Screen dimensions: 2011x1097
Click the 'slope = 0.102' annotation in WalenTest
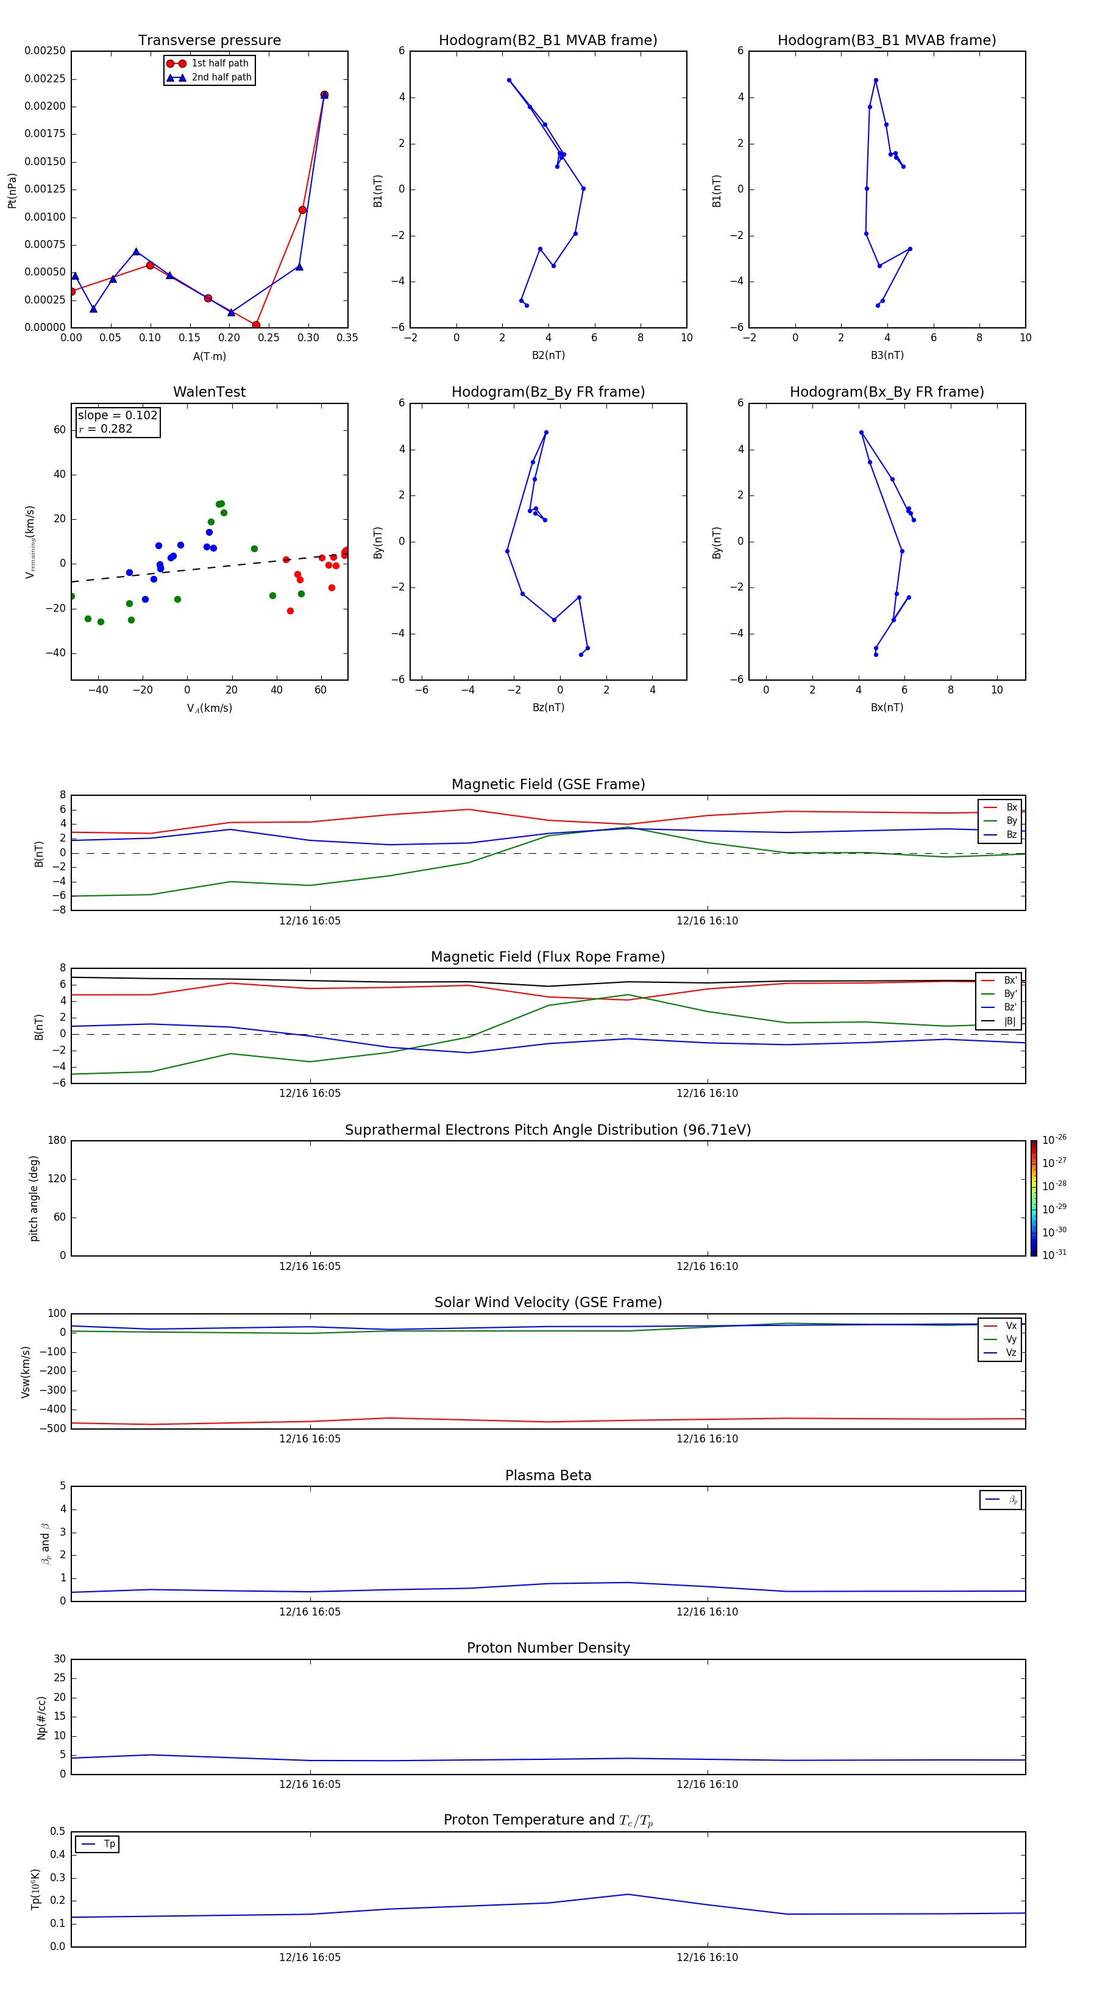[x=117, y=416]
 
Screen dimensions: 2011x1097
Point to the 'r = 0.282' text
[x=105, y=428]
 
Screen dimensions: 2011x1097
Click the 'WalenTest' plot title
[x=209, y=392]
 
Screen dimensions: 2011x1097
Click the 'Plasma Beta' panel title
[x=548, y=1475]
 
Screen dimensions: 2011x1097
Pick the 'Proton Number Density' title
[x=548, y=1648]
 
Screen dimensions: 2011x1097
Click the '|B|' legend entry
[x=1010, y=1021]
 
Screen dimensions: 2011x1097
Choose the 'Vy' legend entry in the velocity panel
[x=1011, y=1339]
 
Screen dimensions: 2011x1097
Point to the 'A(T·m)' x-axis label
[x=209, y=356]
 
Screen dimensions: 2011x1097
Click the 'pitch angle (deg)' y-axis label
[x=34, y=1198]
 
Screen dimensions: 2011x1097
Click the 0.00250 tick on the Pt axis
[x=45, y=51]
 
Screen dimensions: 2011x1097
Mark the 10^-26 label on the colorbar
[x=1054, y=1140]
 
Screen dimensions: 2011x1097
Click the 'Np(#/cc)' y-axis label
[x=41, y=1717]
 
